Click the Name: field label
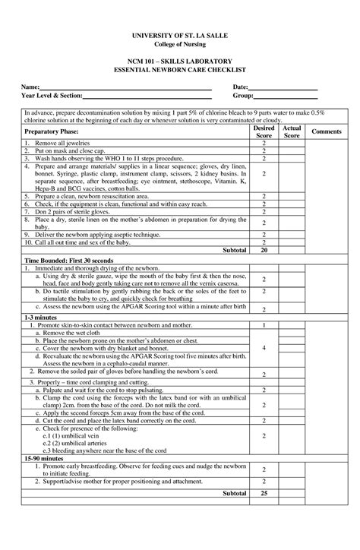coord(31,88)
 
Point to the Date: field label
coord(241,88)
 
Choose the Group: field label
coord(243,97)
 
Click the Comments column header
coord(326,132)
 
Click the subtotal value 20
coord(264,249)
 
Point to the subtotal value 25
coord(264,493)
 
